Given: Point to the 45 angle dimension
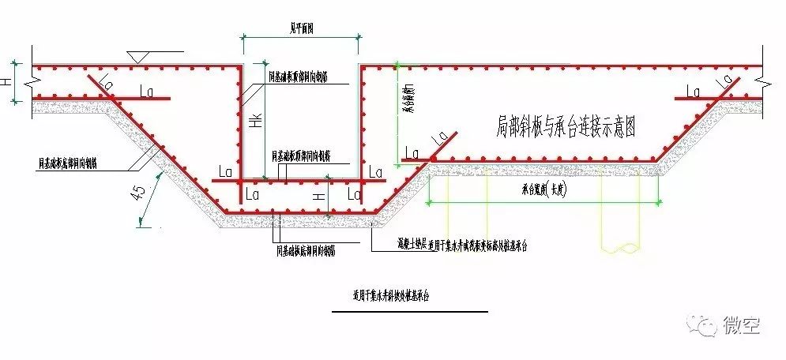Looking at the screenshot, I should tap(141, 195).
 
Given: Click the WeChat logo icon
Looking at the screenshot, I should tap(699, 324).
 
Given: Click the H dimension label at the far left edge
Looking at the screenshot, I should tap(7, 81).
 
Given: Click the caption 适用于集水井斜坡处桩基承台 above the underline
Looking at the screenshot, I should tap(394, 295).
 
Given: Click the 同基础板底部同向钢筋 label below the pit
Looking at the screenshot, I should tap(304, 250).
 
